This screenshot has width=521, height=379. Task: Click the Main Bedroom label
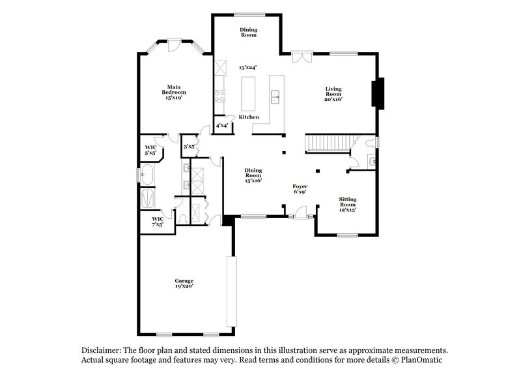(x=173, y=92)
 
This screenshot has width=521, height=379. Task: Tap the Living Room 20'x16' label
(x=333, y=94)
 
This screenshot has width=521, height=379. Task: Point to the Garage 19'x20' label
(x=184, y=283)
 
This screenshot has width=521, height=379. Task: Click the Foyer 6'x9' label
(x=300, y=189)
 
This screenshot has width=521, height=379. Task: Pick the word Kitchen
(x=249, y=117)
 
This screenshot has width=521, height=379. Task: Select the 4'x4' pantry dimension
(x=221, y=126)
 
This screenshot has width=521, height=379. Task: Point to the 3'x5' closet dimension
(x=190, y=147)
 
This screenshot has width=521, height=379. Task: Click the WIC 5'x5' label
(x=150, y=150)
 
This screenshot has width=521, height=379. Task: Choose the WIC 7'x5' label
(x=158, y=221)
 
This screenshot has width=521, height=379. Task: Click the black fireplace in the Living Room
(x=378, y=92)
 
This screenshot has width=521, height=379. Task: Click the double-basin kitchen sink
(x=276, y=98)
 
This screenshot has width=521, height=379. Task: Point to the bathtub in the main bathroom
(x=147, y=175)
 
